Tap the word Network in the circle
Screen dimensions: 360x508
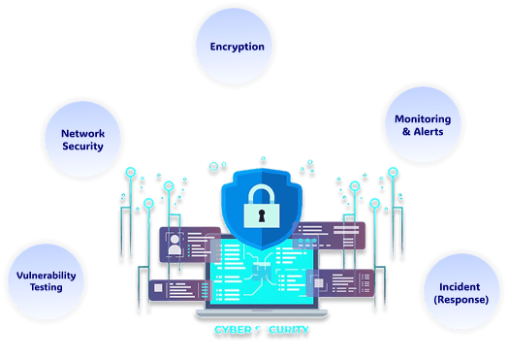[x=82, y=134]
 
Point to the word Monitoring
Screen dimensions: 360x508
[x=422, y=118]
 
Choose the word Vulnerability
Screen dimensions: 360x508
[x=46, y=275]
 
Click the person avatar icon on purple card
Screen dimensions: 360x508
[x=174, y=246]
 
